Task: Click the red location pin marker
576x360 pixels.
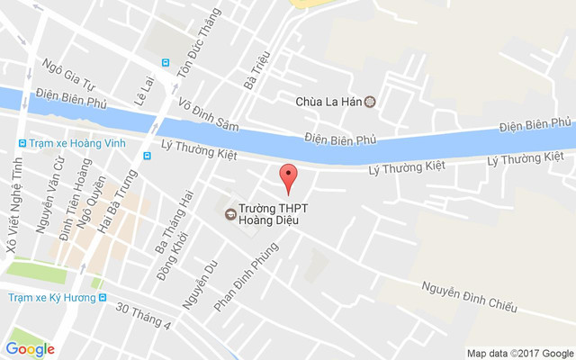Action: pyautogui.click(x=288, y=177)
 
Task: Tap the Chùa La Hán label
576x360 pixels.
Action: pyautogui.click(x=328, y=102)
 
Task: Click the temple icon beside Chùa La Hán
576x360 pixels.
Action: pyautogui.click(x=369, y=102)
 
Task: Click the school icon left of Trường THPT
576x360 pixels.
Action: pyautogui.click(x=230, y=213)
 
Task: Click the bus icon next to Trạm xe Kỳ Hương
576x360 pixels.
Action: pyautogui.click(x=103, y=297)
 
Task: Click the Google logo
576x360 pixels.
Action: pyautogui.click(x=30, y=349)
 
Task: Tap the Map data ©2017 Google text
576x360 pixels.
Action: pyautogui.click(x=519, y=353)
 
